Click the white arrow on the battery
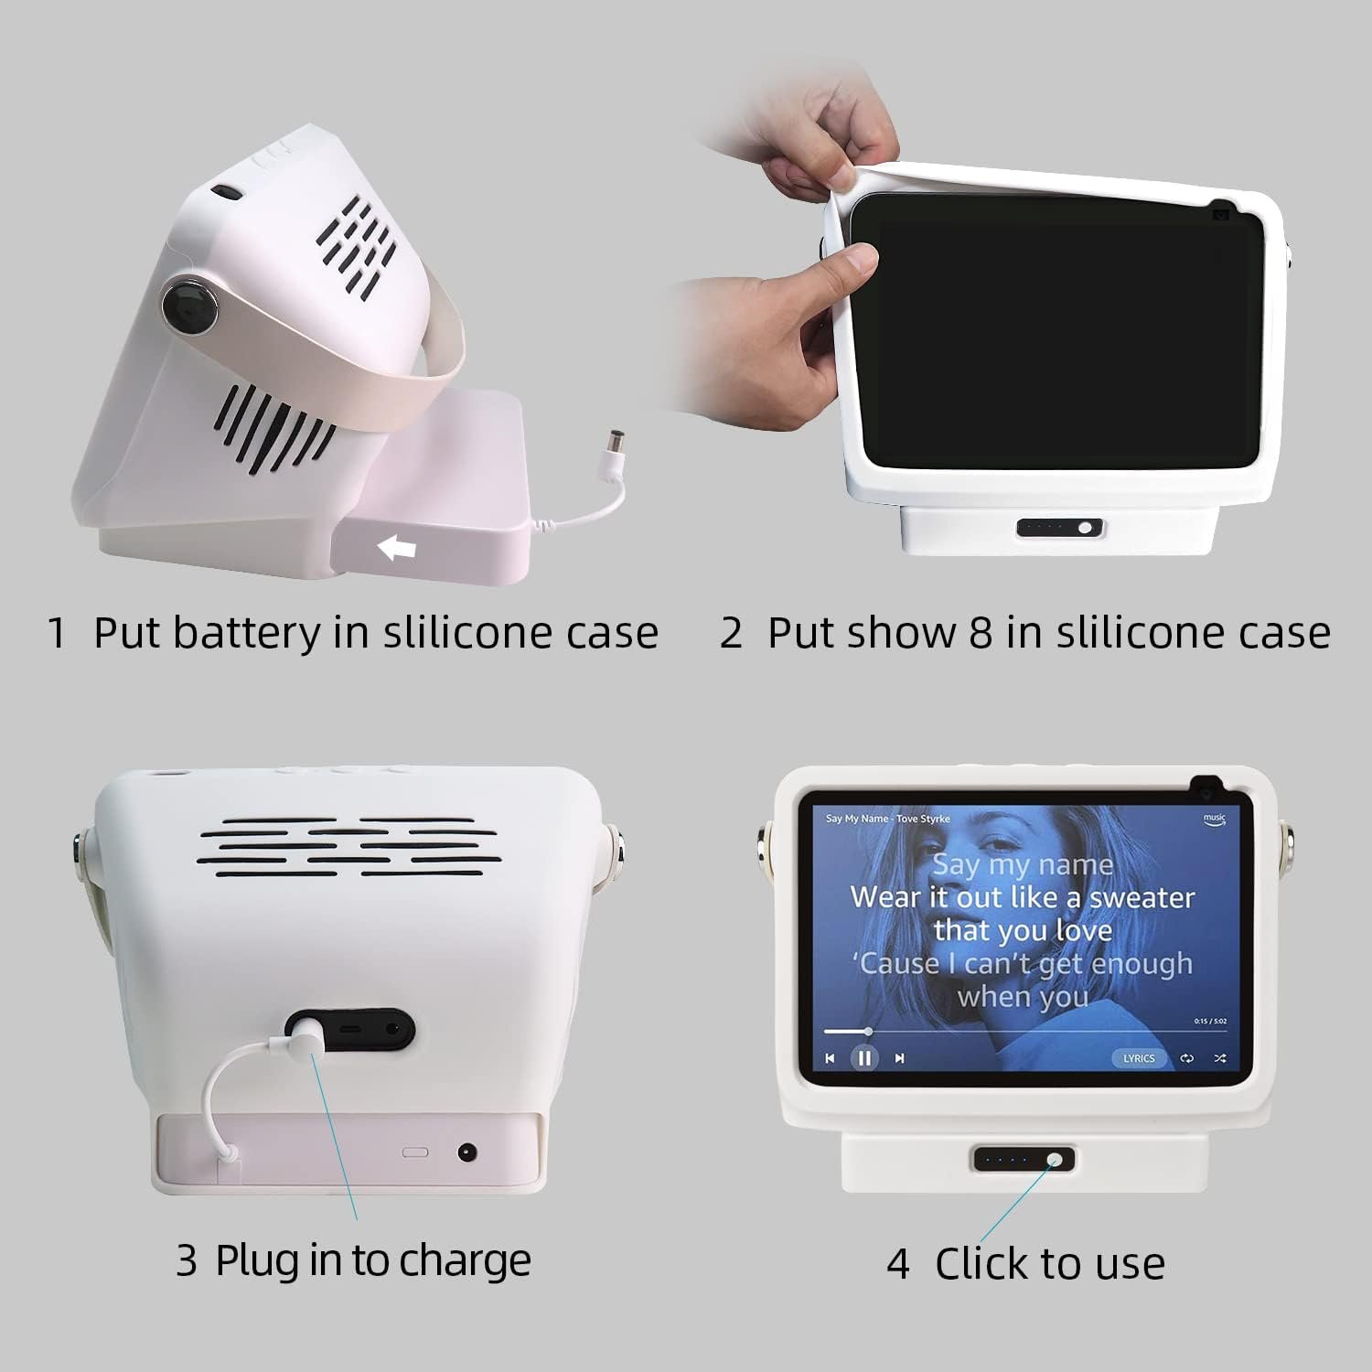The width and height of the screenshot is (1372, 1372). tap(397, 548)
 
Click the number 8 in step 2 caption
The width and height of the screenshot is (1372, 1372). tap(981, 632)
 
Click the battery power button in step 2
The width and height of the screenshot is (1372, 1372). tap(1085, 528)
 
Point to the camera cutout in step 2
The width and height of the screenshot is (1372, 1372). tap(1220, 214)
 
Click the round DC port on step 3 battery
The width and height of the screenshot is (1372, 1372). tap(467, 1152)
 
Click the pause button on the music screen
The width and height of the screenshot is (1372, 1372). tap(863, 1058)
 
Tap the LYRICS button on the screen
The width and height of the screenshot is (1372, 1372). tap(1139, 1058)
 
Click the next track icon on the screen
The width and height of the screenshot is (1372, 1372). tap(900, 1058)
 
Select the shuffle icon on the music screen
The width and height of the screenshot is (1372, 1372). tap(1220, 1058)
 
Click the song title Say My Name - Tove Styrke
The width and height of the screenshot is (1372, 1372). tap(874, 819)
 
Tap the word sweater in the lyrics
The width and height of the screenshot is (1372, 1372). tap(1142, 897)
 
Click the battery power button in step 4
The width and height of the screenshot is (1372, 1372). tap(1055, 1160)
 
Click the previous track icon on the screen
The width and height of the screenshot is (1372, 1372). tap(830, 1058)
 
